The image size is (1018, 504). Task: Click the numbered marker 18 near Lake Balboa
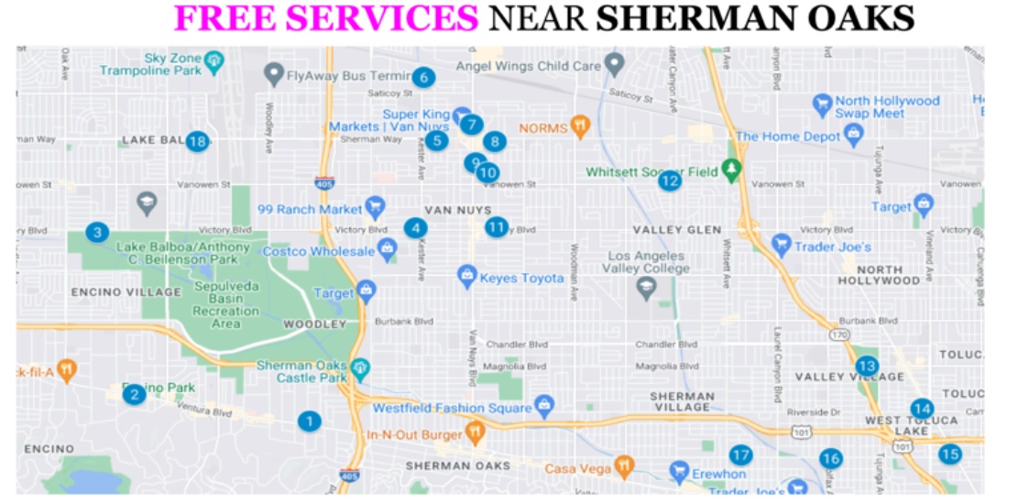(197, 141)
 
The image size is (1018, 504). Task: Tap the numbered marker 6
(422, 77)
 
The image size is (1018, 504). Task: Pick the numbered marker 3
(97, 233)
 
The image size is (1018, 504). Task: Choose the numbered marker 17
(740, 455)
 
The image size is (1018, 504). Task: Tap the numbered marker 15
(949, 454)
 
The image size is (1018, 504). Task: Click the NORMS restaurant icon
(579, 127)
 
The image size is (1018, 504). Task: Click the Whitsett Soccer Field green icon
(730, 170)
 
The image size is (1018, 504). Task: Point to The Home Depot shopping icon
(855, 137)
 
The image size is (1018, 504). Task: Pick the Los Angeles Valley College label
(646, 262)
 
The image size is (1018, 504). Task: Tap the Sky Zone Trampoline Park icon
(214, 62)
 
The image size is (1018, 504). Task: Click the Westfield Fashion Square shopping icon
(545, 404)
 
